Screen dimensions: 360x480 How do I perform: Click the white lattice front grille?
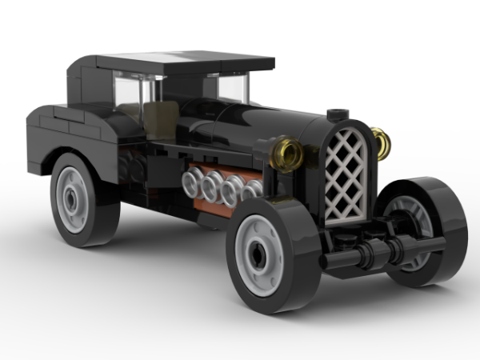point(346,174)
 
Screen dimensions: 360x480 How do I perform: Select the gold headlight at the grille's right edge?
point(382,144)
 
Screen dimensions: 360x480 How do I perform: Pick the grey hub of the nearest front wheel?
point(260,254)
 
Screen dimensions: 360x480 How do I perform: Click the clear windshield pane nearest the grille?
point(232,88)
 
